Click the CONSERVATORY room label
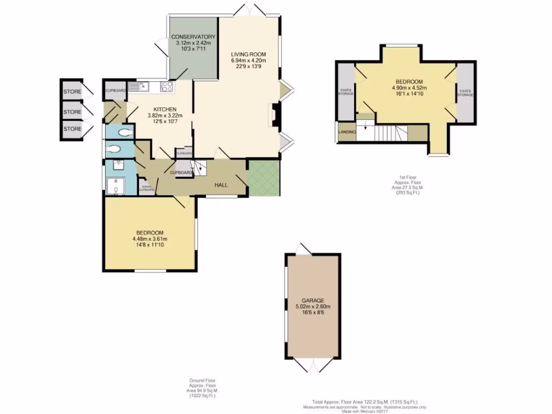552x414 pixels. (x=193, y=37)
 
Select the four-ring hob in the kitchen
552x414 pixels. (x=167, y=87)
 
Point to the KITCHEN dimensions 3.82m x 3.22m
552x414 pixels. (x=165, y=115)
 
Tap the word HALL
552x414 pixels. (x=221, y=185)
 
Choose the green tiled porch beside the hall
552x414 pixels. (x=263, y=178)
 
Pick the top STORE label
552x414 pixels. (x=72, y=92)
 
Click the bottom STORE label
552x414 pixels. (x=72, y=129)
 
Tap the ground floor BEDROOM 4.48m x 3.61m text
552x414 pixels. (x=148, y=236)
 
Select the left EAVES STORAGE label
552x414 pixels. (x=346, y=92)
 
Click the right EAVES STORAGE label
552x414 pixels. (x=465, y=92)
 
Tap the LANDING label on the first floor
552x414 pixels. (x=347, y=132)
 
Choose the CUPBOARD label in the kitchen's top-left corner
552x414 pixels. (x=115, y=90)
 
